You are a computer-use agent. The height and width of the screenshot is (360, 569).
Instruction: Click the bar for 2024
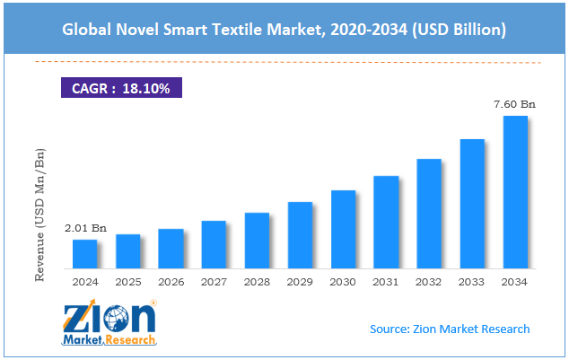(x=84, y=254)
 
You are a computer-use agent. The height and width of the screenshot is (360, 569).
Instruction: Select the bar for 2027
(x=214, y=245)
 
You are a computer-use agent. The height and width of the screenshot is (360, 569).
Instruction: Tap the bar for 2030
(x=343, y=230)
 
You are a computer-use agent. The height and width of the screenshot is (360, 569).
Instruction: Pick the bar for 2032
(x=429, y=214)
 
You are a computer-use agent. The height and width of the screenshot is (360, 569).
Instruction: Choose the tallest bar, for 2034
(x=515, y=192)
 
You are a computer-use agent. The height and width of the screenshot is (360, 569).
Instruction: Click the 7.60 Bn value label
(x=515, y=105)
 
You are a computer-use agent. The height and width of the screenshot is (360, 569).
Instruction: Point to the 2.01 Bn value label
(x=85, y=229)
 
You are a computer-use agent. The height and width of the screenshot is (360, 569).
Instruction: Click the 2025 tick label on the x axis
(x=127, y=282)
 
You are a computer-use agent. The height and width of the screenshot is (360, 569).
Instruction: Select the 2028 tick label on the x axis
(x=257, y=282)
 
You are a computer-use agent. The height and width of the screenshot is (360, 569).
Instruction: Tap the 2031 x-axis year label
(x=386, y=282)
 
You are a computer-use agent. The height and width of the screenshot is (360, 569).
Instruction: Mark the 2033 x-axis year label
(x=472, y=282)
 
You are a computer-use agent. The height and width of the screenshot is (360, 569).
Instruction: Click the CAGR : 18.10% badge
(x=122, y=87)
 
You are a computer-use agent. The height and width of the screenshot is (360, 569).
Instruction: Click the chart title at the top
(x=284, y=31)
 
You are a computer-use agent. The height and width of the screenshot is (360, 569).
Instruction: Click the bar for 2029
(x=300, y=235)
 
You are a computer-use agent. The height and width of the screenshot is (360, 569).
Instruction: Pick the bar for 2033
(x=472, y=204)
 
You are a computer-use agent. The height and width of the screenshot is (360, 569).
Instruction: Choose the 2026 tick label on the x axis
(x=171, y=282)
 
